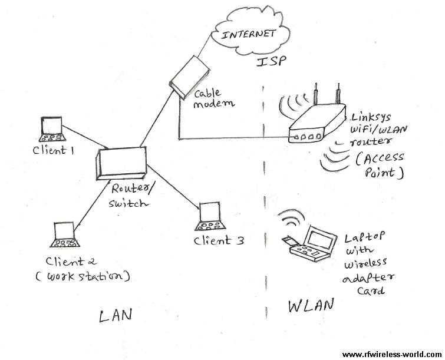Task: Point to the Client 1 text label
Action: [53, 150]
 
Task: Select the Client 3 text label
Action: [218, 240]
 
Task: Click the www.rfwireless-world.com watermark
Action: [391, 354]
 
